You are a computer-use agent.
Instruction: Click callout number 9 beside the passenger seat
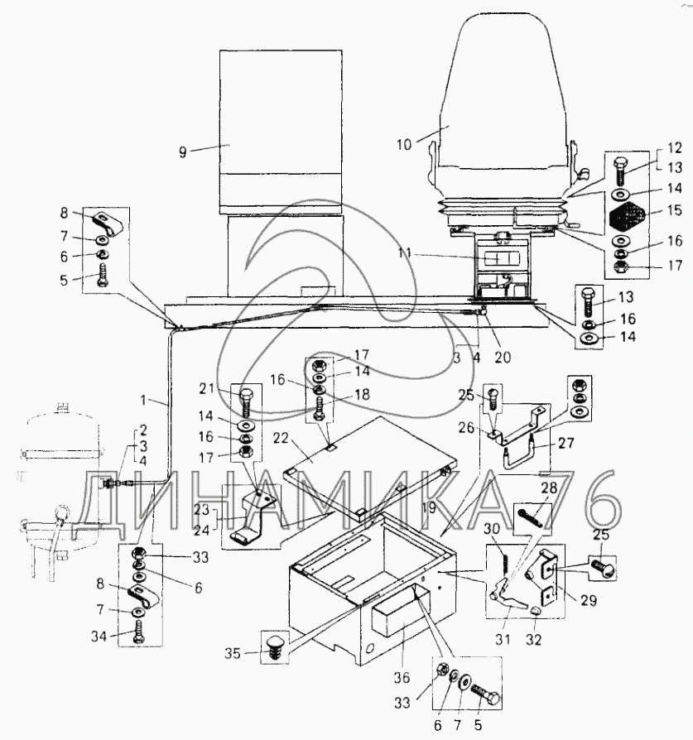182,152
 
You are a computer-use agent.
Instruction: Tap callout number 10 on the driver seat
404,144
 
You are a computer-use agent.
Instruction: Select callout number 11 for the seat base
405,253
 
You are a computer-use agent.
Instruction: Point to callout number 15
675,209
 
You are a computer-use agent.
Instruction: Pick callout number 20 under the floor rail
503,358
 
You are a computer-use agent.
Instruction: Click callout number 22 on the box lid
281,438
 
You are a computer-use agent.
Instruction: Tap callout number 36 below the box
402,678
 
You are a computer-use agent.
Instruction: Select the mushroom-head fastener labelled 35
274,647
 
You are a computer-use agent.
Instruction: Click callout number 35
233,654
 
